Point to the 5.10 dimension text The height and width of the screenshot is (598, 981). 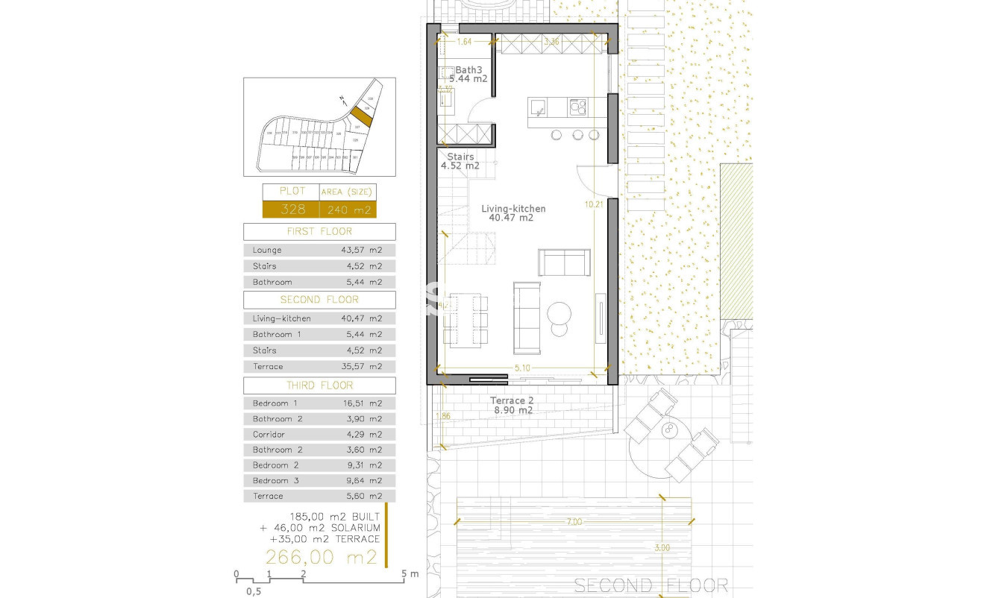click(x=522, y=368)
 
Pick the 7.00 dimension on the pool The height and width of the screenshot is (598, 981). click(x=574, y=522)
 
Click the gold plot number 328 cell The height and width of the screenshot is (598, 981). click(x=292, y=210)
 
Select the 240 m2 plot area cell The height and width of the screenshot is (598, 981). click(x=347, y=210)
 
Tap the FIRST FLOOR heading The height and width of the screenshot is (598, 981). click(x=319, y=231)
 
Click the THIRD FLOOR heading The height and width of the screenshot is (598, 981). click(x=319, y=385)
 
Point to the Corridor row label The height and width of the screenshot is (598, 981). click(x=269, y=435)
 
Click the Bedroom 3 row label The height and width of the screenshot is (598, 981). click(x=275, y=481)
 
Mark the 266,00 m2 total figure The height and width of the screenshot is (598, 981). click(x=322, y=557)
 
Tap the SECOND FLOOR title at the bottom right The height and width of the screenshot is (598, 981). click(x=651, y=585)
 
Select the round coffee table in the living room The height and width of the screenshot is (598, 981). click(x=558, y=311)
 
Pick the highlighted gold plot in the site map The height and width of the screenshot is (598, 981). click(x=361, y=117)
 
